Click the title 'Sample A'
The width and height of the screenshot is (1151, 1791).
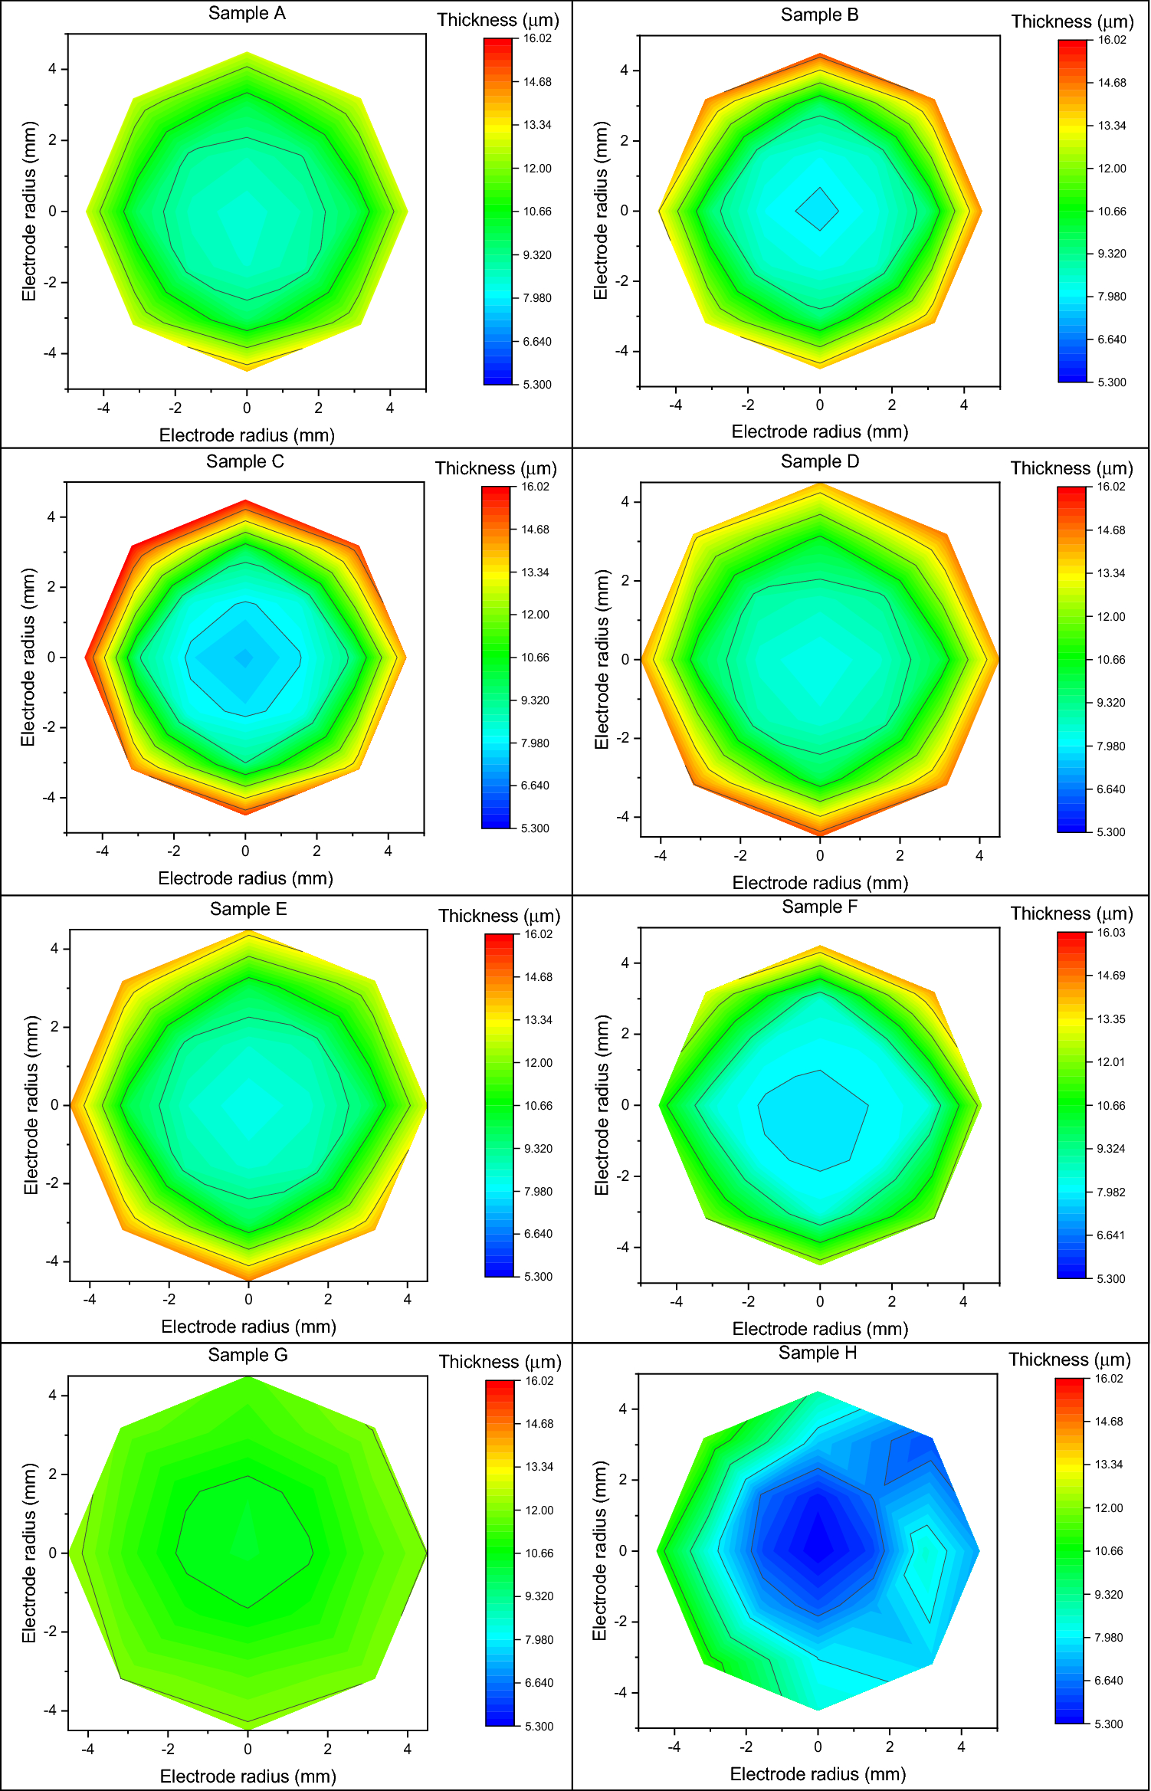coord(247,14)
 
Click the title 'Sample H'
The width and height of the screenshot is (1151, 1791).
coord(818,1353)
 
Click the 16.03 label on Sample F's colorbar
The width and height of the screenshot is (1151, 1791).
coord(1110,933)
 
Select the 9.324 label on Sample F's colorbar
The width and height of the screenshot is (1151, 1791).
coord(1110,1149)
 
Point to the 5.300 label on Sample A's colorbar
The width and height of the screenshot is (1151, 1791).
coord(536,385)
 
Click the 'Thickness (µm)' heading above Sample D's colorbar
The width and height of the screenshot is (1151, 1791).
coord(1071,468)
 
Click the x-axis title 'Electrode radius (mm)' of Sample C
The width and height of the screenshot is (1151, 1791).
coord(245,878)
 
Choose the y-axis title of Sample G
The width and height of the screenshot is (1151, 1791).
coord(30,1553)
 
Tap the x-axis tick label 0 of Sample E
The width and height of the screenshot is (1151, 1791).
coord(248,1299)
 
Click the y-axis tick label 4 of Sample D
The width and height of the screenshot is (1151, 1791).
coord(625,502)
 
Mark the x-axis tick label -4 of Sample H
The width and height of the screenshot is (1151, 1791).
coord(674,1747)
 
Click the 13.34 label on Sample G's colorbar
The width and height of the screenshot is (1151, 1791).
coord(539,1467)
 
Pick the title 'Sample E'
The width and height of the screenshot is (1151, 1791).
coord(248,909)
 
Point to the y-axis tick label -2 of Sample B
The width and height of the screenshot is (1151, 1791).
coord(621,281)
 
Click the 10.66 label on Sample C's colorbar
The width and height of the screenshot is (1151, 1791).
coord(534,658)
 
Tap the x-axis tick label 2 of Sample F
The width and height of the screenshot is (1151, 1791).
coord(891,1301)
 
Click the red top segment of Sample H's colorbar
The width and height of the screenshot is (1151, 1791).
coord(1068,1386)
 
